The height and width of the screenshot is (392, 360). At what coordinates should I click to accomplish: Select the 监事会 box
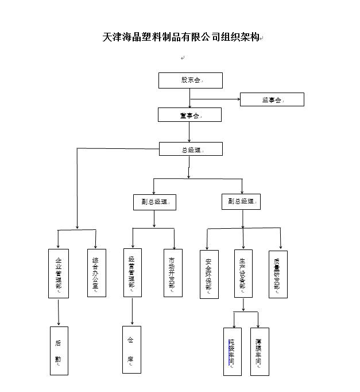[272, 99]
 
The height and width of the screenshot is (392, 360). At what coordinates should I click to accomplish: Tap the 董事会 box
[190, 115]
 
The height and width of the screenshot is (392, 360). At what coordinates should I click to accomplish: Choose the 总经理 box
[190, 149]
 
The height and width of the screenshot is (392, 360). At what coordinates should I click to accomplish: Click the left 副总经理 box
[154, 202]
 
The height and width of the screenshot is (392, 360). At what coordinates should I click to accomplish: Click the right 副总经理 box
[241, 201]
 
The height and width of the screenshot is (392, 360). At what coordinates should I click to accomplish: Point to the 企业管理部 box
[58, 273]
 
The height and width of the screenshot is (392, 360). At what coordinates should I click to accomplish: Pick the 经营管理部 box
[132, 272]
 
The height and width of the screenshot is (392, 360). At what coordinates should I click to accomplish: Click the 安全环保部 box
[209, 274]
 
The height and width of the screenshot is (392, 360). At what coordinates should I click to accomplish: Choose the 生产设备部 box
[243, 273]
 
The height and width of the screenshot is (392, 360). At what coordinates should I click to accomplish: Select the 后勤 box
[59, 351]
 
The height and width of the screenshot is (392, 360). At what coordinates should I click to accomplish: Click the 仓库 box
[131, 349]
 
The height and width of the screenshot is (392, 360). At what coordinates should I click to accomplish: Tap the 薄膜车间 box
[260, 351]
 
